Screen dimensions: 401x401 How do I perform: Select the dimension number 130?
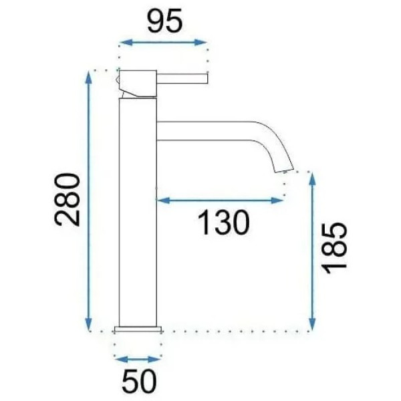point(223,222)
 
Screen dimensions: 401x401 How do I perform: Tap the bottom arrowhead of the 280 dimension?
point(89,325)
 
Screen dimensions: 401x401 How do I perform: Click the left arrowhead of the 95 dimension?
point(122,43)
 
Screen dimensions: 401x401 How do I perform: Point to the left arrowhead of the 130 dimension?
point(160,199)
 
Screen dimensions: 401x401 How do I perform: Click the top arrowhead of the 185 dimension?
point(311,176)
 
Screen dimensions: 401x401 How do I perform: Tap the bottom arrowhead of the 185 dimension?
point(311,325)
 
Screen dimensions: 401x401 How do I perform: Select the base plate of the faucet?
point(139,329)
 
